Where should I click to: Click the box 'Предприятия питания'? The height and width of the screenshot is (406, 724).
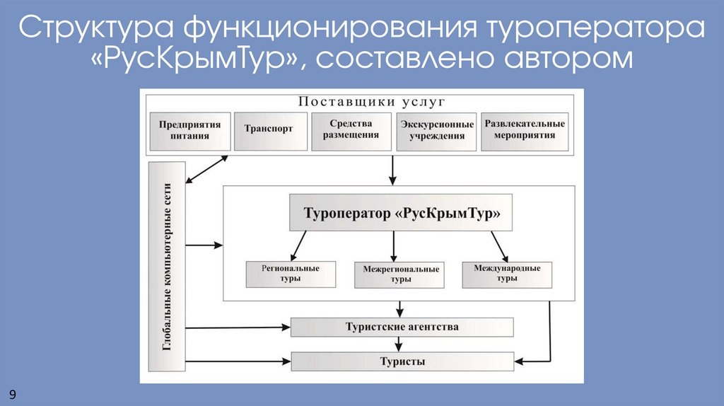(189, 130)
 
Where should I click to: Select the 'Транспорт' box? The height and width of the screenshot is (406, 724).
(269, 129)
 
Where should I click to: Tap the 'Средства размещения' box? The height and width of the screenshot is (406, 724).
(351, 129)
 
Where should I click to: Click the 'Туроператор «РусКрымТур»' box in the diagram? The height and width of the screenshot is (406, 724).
(397, 213)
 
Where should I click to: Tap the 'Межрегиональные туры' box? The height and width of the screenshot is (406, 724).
(401, 274)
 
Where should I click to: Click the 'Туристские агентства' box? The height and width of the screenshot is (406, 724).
(402, 327)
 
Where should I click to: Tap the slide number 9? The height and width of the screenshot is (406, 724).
(13, 393)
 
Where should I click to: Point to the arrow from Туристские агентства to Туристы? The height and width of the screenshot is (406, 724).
(400, 344)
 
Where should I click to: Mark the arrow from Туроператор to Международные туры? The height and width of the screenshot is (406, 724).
(498, 246)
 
